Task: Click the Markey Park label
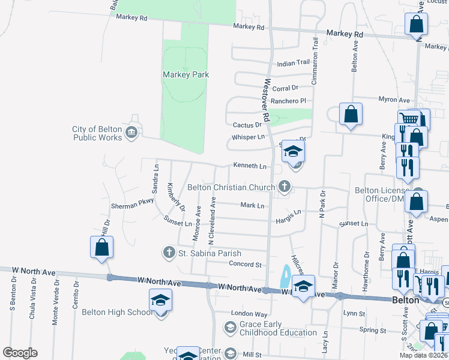185,74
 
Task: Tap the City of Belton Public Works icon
131,132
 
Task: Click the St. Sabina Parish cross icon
169,253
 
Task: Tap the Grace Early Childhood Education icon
230,327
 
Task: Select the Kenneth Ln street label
249,166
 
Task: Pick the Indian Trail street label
293,63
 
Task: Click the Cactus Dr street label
247,125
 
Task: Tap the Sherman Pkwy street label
132,205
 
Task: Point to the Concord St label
246,264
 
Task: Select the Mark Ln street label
252,206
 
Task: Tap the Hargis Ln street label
288,214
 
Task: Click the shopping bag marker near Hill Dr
101,247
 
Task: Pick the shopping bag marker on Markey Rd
416,25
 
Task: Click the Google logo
20,353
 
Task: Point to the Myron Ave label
394,100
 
